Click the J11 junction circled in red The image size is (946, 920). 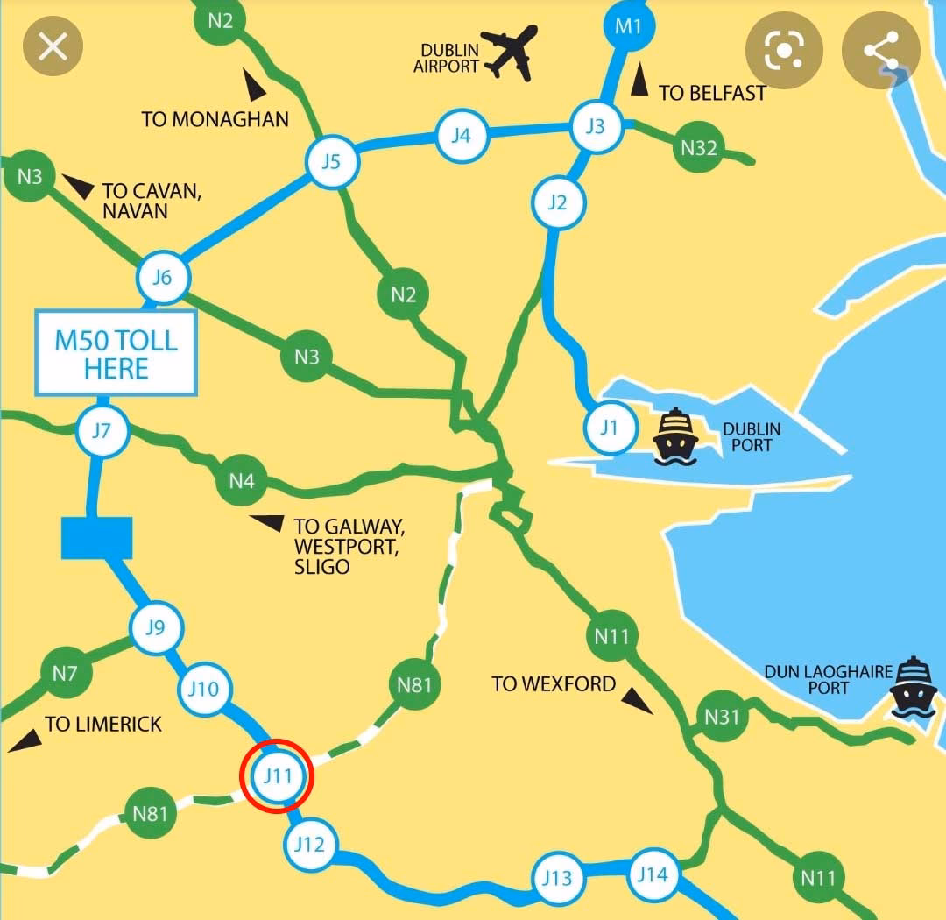pos(277,775)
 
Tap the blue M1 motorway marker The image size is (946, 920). pos(628,26)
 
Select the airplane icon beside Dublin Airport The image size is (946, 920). pos(511,53)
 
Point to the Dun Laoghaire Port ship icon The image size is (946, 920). pos(913,687)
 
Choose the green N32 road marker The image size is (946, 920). pos(699,148)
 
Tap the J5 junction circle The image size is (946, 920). pos(330,162)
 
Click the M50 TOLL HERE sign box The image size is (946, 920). pos(116,352)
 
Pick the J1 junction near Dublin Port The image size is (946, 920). pos(609,428)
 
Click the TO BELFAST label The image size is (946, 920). pos(712,93)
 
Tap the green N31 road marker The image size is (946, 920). pos(722,718)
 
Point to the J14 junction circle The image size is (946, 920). pos(653,874)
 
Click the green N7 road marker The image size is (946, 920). pos(65,674)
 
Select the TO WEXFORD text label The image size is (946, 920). pos(554,683)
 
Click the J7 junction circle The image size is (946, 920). pos(102,431)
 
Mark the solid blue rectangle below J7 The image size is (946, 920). pos(96,537)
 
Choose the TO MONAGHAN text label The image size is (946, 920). pos(215,119)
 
